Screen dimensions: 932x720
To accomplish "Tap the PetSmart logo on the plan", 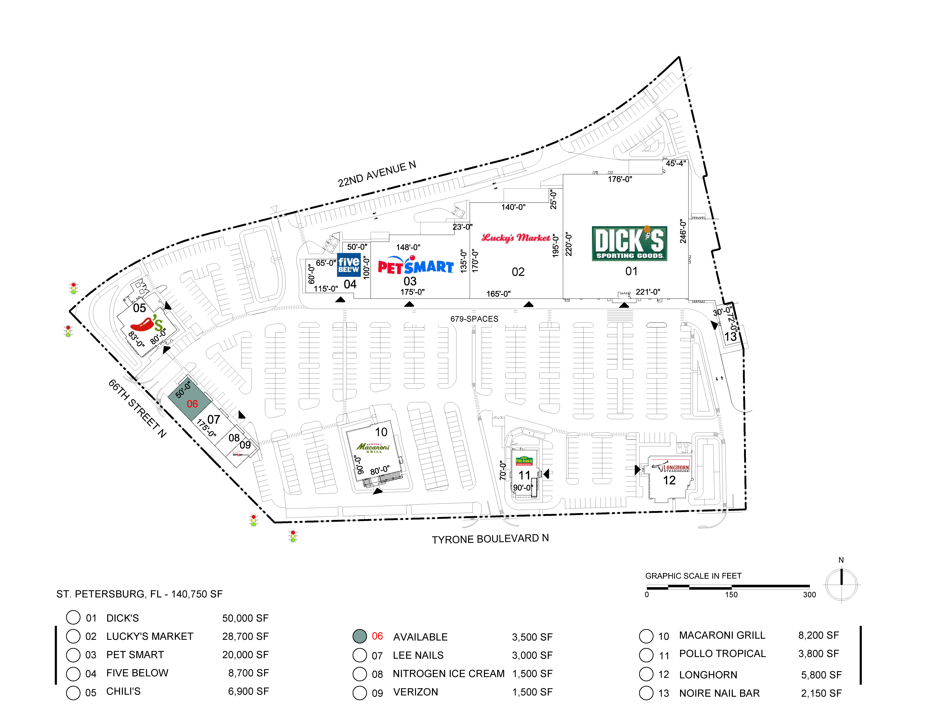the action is (x=416, y=265).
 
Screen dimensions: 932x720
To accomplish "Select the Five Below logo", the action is (x=349, y=264).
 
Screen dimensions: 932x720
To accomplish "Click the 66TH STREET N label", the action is (x=137, y=408).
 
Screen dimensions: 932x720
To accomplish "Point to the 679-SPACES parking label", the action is (x=474, y=319).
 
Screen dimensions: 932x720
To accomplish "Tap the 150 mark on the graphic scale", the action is (x=731, y=595).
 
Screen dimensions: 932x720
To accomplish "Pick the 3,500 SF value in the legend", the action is (x=532, y=637).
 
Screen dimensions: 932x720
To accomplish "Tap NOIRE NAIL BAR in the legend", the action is (x=719, y=693).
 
